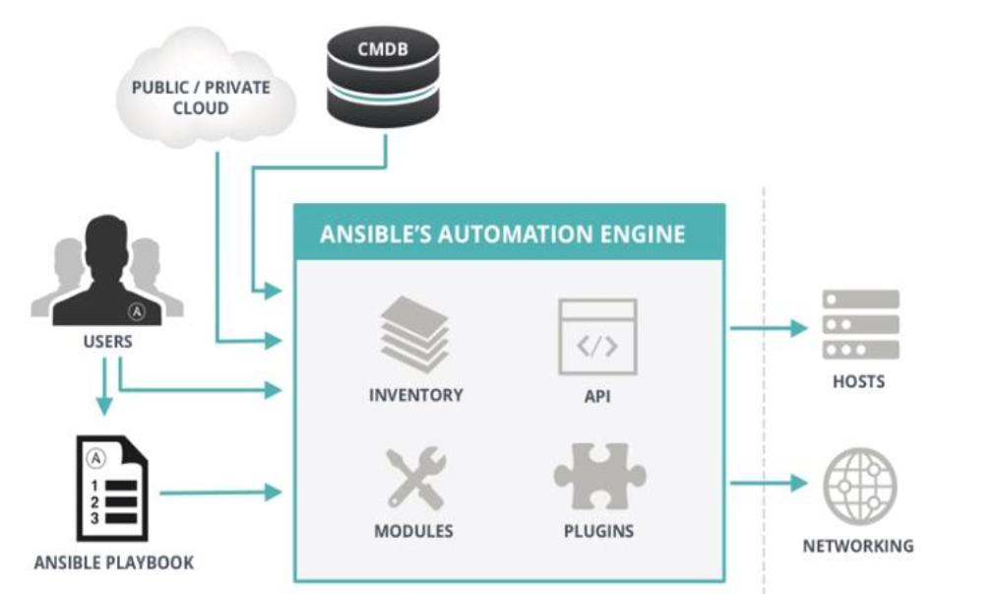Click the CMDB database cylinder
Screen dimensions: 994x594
click(x=383, y=76)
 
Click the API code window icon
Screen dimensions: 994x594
click(x=597, y=337)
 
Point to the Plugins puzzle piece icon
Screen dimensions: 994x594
click(x=599, y=476)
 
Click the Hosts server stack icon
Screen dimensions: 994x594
click(x=860, y=324)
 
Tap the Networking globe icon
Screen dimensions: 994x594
click(x=859, y=486)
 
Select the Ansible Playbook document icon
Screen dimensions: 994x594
click(x=112, y=488)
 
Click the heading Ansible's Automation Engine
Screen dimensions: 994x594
click(x=503, y=234)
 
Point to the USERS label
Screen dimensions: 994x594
click(x=108, y=342)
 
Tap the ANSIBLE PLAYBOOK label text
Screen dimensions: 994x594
click(x=114, y=562)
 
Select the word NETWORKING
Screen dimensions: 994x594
click(x=858, y=546)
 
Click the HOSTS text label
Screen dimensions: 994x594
click(x=858, y=381)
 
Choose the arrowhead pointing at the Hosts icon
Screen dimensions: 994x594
click(x=799, y=328)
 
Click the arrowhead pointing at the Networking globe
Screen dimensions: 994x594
click(x=799, y=483)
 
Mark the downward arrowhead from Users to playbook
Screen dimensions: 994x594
click(x=104, y=406)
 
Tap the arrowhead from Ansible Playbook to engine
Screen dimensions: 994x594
click(x=274, y=492)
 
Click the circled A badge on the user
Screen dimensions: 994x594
click(x=137, y=311)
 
